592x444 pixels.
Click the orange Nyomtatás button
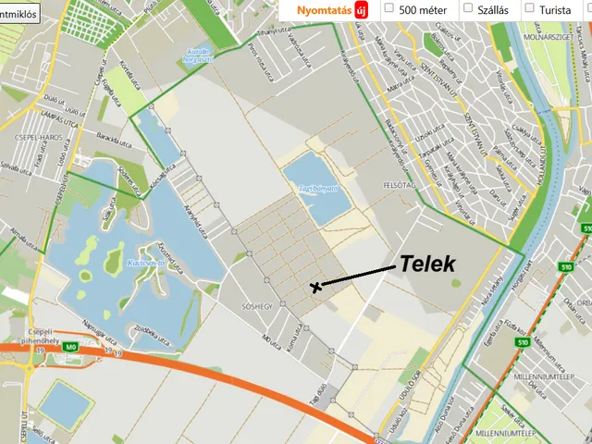[x=323, y=9]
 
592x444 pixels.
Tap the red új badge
[x=361, y=9]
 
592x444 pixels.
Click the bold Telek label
[x=427, y=264]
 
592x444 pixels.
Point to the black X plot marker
[x=317, y=287]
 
